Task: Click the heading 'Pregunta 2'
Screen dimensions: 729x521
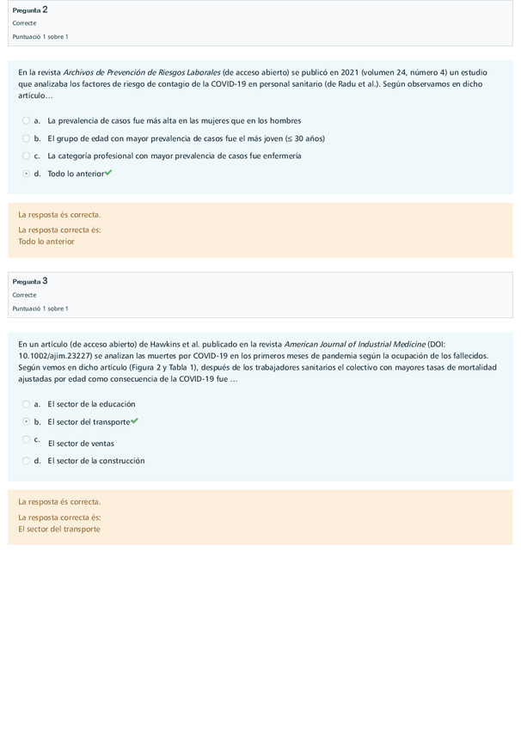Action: coord(30,9)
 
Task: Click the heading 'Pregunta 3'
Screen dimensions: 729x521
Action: coord(30,281)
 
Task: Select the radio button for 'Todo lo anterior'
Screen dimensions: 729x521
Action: coord(27,174)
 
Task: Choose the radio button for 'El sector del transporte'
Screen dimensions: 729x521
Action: coord(27,422)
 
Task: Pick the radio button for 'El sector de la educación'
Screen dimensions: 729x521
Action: coord(27,404)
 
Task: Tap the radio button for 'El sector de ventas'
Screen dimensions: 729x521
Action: coord(27,439)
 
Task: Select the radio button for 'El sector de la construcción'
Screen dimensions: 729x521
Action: coord(27,461)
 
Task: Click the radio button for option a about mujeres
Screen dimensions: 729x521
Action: coord(27,120)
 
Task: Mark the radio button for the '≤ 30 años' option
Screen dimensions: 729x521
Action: coord(27,138)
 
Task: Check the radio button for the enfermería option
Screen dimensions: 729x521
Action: coord(27,156)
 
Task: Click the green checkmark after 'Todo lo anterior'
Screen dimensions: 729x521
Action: coord(108,173)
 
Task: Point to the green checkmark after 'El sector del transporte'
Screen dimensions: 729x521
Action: coord(134,421)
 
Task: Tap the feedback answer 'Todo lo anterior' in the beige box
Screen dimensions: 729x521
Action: coord(46,242)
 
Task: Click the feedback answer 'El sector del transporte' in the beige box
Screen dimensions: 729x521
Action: coord(59,529)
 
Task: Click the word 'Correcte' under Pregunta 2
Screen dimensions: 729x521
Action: coord(24,23)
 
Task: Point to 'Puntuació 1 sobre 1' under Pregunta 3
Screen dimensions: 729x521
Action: coord(40,309)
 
